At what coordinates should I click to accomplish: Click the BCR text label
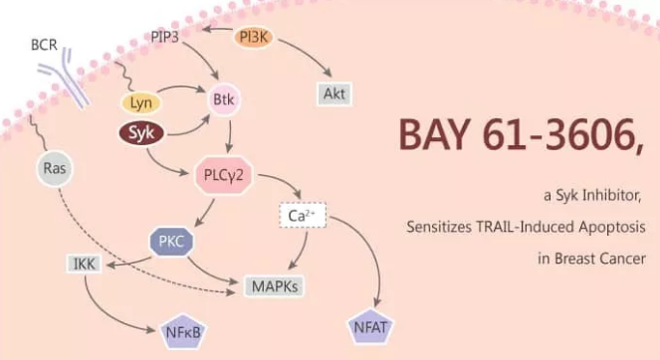pos(45,45)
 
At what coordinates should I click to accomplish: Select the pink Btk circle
pos(222,100)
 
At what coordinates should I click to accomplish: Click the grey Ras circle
pos(56,168)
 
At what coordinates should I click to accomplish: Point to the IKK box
pos(83,264)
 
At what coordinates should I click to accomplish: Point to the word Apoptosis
pos(608,228)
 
